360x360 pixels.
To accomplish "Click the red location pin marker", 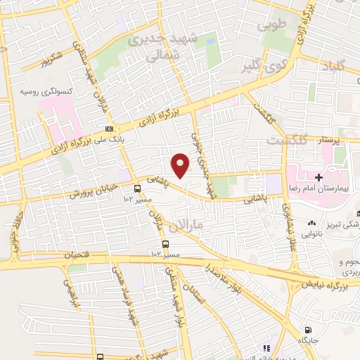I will point(181,165).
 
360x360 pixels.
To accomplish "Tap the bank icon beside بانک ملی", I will point(109,129).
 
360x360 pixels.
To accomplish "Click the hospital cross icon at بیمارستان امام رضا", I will point(319,177).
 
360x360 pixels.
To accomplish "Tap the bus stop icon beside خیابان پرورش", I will point(136,188).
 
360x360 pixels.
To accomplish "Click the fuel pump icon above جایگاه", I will point(307,330).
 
